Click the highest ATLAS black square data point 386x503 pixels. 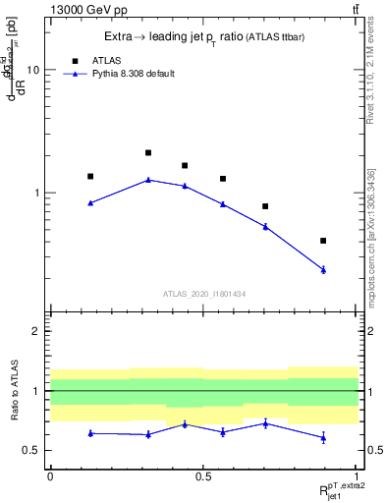[148, 152]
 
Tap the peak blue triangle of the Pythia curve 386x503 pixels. [148, 180]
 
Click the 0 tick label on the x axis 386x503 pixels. [50, 475]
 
